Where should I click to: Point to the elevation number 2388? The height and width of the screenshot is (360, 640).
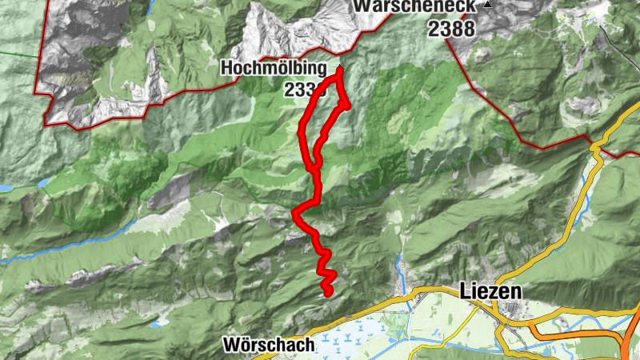(x=451, y=29)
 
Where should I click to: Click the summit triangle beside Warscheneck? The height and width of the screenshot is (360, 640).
(x=487, y=5)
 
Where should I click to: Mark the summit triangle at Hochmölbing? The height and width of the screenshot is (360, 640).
(x=340, y=68)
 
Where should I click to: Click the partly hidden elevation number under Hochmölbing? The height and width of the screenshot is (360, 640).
(x=300, y=89)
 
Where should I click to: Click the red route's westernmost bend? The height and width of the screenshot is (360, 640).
(x=295, y=214)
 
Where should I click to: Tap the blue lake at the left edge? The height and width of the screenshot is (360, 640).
(x=5, y=189)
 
